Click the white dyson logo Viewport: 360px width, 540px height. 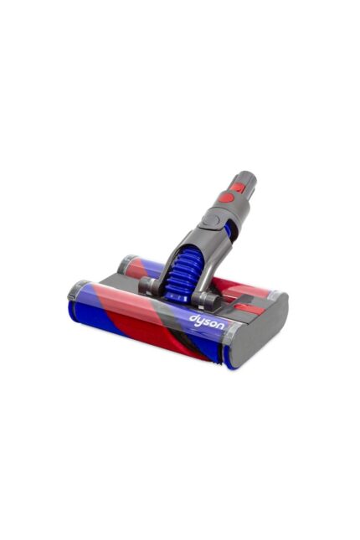coord(207,321)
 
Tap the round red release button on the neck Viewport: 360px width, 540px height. coord(225,197)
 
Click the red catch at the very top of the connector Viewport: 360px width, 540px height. coord(239,179)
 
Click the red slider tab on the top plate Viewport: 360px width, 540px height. coord(244,308)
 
